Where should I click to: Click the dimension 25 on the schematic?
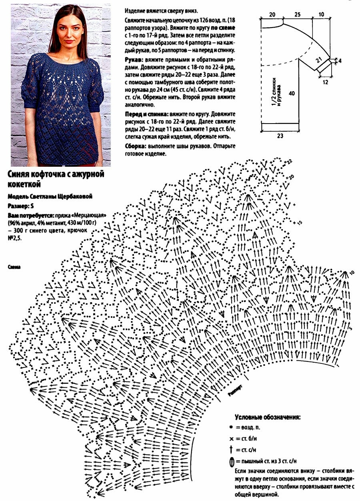297,14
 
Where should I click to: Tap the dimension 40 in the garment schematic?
293,94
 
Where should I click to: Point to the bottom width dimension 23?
280,136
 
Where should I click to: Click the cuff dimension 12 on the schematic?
325,82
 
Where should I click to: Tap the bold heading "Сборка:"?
136,146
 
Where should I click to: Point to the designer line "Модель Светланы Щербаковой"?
50,196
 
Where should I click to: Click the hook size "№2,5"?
15,238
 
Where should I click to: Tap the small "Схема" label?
14,266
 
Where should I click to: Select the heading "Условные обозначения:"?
267,417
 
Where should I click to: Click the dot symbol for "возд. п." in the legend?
232,427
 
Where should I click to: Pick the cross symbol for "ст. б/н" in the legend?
232,438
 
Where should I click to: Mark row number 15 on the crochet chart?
300,222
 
